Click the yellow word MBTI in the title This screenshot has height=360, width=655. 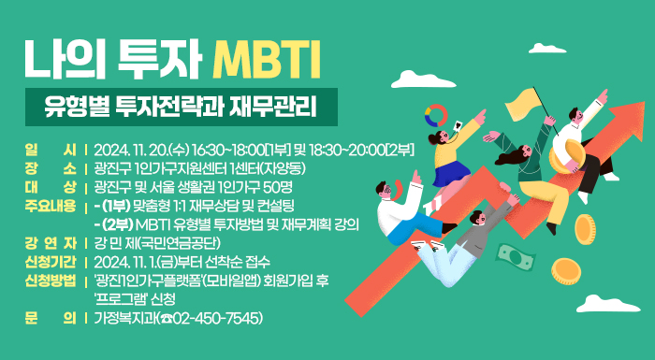267,57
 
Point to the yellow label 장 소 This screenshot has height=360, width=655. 51,169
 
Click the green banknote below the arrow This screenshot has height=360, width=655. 512,254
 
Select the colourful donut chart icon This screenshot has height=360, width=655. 436,117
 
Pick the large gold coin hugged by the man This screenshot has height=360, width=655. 570,149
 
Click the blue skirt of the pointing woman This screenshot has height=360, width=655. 451,173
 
